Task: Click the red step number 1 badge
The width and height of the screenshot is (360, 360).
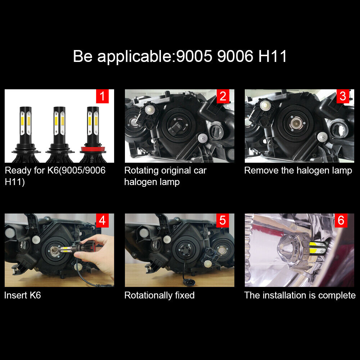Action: pos(102,96)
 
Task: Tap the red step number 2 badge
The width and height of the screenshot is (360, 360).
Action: pos(222,96)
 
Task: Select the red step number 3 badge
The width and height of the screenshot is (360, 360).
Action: pos(343,96)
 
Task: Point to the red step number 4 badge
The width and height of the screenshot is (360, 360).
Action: pos(102,220)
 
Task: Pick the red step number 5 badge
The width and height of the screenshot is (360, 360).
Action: pos(222,220)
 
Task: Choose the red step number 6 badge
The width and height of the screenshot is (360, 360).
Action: pos(341,220)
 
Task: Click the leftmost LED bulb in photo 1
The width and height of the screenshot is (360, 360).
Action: pos(25,133)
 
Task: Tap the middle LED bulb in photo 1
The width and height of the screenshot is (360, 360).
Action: pos(59,133)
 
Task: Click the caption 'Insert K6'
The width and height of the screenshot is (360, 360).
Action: pos(23,296)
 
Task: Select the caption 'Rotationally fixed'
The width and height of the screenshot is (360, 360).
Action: pos(159,296)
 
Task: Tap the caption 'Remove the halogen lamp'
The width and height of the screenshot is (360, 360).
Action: pos(298,170)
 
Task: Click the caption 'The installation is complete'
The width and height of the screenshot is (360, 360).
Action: pos(300,296)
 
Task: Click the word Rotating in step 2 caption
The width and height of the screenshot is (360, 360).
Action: pos(141,171)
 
